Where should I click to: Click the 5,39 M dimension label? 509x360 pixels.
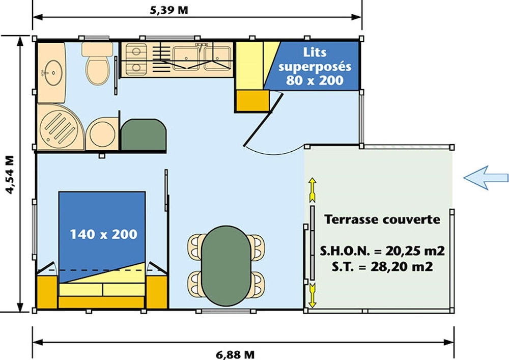click(169, 10)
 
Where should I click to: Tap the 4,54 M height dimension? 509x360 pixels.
click(10, 175)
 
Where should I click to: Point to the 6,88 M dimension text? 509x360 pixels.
click(235, 354)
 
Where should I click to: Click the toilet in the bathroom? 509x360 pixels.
click(97, 63)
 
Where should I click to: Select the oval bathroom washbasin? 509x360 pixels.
click(53, 72)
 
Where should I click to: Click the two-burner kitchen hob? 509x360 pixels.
click(136, 59)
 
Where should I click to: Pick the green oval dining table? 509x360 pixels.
click(226, 266)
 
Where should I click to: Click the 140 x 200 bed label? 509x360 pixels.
click(103, 234)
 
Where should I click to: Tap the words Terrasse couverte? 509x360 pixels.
click(382, 219)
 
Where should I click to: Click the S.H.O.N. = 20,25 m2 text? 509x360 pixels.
click(382, 251)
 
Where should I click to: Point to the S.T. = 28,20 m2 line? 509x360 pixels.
click(382, 267)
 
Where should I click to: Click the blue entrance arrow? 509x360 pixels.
click(486, 178)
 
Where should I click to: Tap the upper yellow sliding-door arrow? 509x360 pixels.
click(313, 190)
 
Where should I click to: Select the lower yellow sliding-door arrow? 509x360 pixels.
click(313, 295)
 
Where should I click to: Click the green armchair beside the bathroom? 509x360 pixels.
click(144, 135)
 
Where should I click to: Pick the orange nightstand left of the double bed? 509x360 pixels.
click(47, 291)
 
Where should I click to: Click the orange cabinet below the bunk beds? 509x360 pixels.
click(252, 101)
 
